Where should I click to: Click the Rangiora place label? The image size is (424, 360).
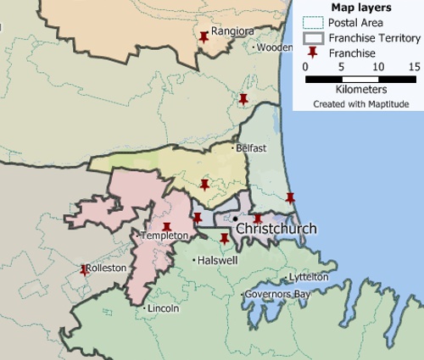pyautogui.click(x=232, y=31)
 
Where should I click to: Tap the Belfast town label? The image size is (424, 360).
pyautogui.click(x=252, y=148)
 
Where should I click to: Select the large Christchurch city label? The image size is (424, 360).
pyautogui.click(x=276, y=229)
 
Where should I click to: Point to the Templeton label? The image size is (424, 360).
pyautogui.click(x=165, y=235)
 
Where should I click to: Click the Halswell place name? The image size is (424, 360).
pyautogui.click(x=216, y=260)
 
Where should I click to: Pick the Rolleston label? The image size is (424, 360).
pyautogui.click(x=107, y=268)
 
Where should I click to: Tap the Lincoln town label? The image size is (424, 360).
pyautogui.click(x=163, y=308)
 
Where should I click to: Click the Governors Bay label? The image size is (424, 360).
pyautogui.click(x=275, y=294)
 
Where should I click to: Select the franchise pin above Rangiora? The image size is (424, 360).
pyautogui.click(x=204, y=36)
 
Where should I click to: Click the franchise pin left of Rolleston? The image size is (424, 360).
pyautogui.click(x=84, y=269)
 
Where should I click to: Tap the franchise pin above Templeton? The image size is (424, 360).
pyautogui.click(x=166, y=226)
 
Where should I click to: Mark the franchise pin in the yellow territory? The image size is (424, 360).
pyautogui.click(x=204, y=184)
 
